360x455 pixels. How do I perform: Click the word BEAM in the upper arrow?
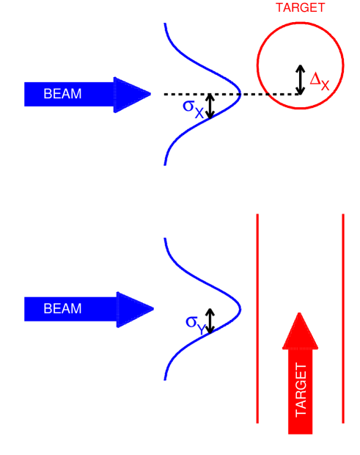[62, 94]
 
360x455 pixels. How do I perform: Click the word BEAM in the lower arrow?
[62, 308]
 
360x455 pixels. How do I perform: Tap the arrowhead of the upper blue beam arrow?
[132, 94]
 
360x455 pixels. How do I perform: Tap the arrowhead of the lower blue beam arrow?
[134, 309]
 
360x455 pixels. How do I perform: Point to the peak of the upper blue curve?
[240, 94]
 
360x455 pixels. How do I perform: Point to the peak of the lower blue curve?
[240, 308]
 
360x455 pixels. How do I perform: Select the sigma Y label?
[196, 324]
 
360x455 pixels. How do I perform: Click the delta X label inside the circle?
[320, 81]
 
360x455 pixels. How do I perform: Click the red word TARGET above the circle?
[300, 8]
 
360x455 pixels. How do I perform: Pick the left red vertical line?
[257, 294]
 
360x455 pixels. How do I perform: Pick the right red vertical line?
[343, 294]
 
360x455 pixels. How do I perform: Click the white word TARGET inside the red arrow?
[301, 390]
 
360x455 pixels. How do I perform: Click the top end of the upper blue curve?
[166, 25]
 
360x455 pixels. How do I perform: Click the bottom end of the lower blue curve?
[166, 379]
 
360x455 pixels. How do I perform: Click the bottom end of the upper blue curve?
[166, 164]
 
